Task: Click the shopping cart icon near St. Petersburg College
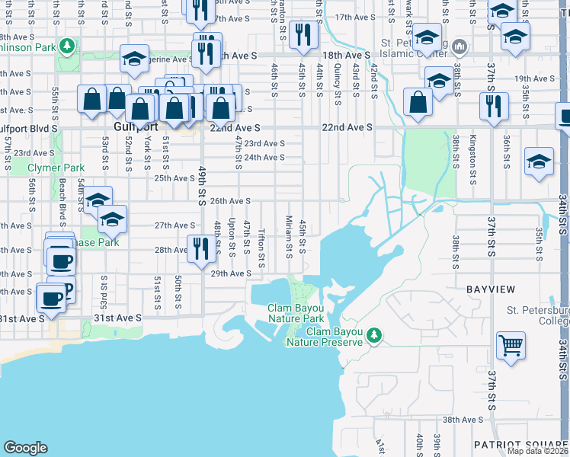pyautogui.click(x=511, y=346)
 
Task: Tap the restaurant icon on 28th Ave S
pyautogui.click(x=200, y=248)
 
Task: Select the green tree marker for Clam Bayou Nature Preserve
pyautogui.click(x=373, y=335)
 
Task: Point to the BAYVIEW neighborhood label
pyautogui.click(x=489, y=289)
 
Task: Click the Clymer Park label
pyautogui.click(x=56, y=168)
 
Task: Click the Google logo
pyautogui.click(x=25, y=447)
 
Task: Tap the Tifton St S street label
pyautogui.click(x=261, y=249)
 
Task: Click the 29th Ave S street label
pyautogui.click(x=231, y=273)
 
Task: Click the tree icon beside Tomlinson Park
pyautogui.click(x=68, y=47)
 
